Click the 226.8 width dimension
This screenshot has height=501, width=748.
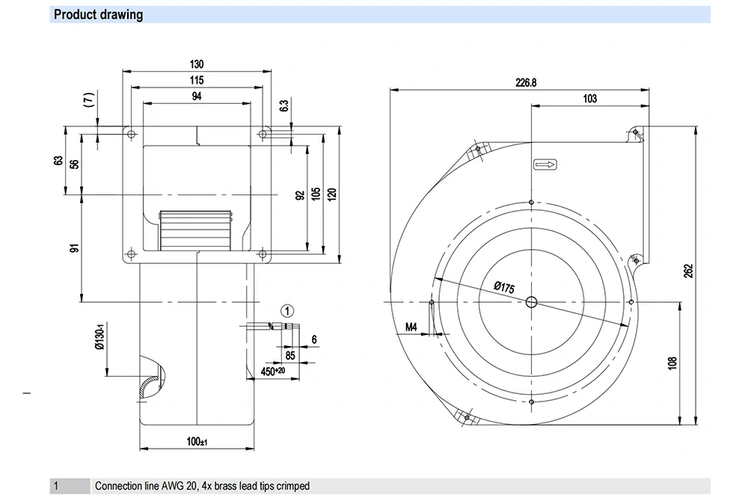coord(526,83)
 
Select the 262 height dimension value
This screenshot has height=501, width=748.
coord(689,269)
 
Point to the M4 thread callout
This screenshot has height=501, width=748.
coord(411,327)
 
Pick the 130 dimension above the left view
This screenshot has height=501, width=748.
coord(196,65)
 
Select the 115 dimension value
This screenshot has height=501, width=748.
coord(196,80)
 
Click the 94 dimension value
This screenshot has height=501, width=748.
coord(196,96)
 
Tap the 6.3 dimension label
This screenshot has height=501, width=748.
coord(284,106)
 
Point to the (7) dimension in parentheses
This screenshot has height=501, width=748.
coord(88,99)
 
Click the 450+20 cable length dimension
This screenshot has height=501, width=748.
coord(272,370)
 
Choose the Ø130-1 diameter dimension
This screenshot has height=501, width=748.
coord(98,338)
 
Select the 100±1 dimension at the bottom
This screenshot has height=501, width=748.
coord(197,442)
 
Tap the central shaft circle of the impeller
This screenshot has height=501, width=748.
coord(531,302)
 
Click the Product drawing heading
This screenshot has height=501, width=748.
coord(98,14)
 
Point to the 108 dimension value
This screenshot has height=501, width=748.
coord(672,363)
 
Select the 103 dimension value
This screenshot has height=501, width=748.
coord(590,99)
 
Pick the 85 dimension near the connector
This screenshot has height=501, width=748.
coord(289,355)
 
